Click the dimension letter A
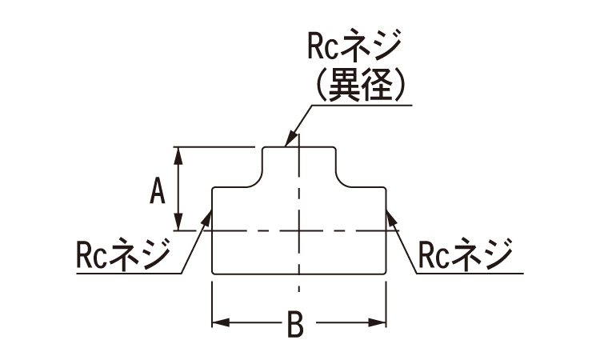[x=158, y=191]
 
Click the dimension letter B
[x=295, y=325]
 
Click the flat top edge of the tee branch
[x=298, y=147]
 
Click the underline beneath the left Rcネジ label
[x=120, y=274]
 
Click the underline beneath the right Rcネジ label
[x=472, y=274]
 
